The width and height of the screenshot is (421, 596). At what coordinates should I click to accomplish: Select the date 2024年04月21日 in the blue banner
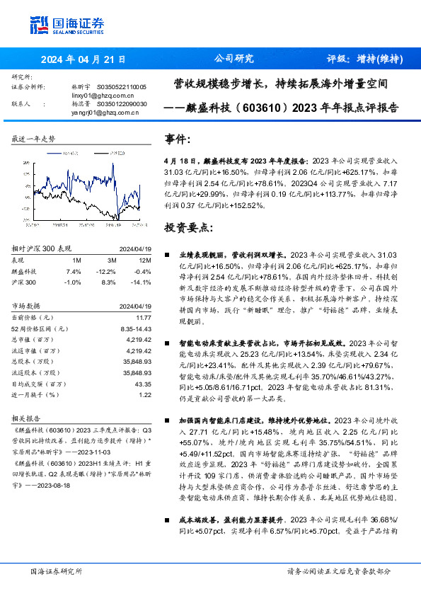coord(83,59)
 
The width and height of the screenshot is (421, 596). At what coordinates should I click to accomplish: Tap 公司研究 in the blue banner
coord(233,59)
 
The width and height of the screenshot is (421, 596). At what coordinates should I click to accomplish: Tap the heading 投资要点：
coord(188,228)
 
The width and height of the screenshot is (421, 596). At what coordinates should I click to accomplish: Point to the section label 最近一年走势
coord(33,139)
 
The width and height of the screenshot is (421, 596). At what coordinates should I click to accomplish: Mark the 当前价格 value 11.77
coord(144,318)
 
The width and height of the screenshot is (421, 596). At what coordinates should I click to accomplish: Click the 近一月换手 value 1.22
coord(145,394)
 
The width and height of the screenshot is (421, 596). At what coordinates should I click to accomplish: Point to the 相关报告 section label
coord(28,418)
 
